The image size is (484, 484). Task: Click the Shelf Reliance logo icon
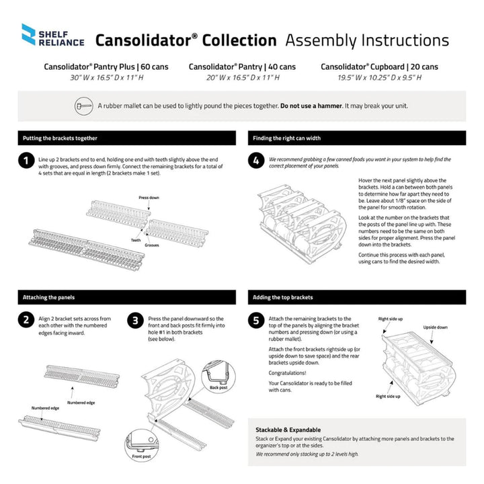tap(29, 35)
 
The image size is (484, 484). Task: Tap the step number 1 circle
tap(26, 161)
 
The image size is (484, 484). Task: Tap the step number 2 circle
tap(26, 320)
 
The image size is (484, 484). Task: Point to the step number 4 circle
tap(256, 161)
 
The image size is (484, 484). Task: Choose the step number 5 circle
tap(256, 320)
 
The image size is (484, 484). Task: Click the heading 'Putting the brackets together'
tap(60, 138)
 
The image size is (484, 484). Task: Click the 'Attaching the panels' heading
tap(49, 297)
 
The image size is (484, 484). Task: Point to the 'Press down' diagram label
tap(149, 198)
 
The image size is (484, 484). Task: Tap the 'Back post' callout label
tap(218, 388)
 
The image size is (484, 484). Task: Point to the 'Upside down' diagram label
tap(434, 327)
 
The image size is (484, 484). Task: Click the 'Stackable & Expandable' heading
tap(287, 429)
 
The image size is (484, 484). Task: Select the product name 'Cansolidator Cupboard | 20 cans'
tap(379, 67)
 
